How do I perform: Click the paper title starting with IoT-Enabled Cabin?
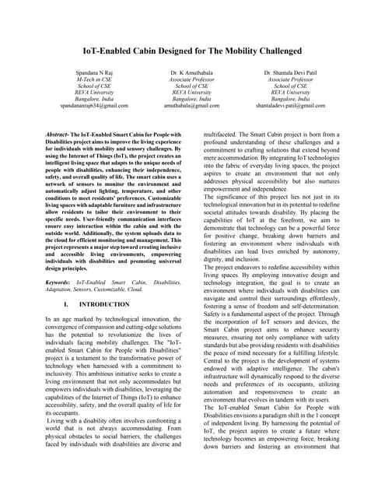tap(192, 51)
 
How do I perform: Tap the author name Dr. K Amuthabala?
tap(192, 72)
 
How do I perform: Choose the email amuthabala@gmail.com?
tap(192, 106)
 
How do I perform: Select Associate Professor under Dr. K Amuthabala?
tap(192, 79)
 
